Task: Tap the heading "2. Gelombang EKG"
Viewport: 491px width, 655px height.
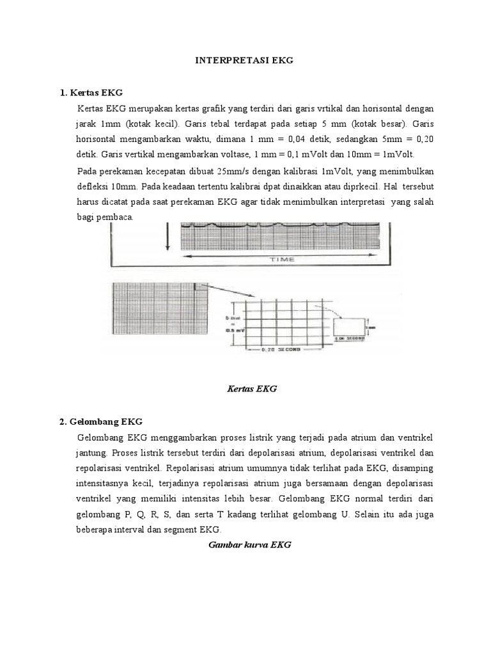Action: pyautogui.click(x=100, y=422)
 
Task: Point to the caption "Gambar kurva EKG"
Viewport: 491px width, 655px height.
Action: pyautogui.click(x=250, y=545)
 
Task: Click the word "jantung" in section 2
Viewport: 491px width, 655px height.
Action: pyautogui.click(x=90, y=453)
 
